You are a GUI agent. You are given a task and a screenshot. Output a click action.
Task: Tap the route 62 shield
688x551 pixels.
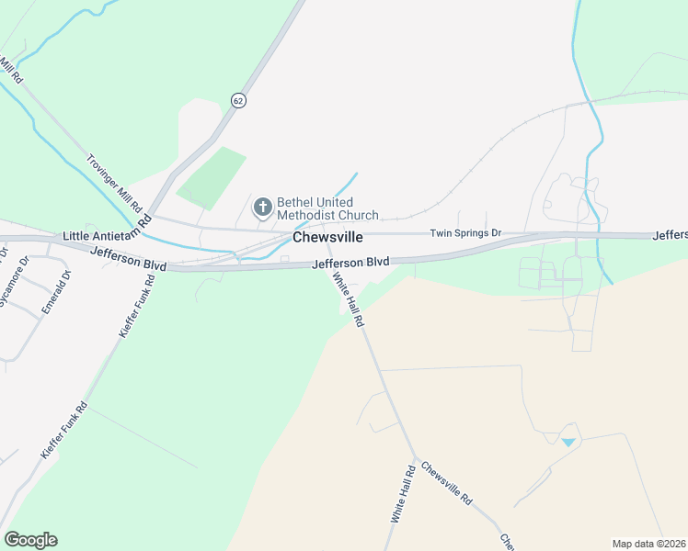pyautogui.click(x=239, y=100)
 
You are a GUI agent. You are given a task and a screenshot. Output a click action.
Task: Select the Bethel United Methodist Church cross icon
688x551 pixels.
pyautogui.click(x=262, y=208)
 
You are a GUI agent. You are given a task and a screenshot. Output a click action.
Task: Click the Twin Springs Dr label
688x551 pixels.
pyautogui.click(x=465, y=233)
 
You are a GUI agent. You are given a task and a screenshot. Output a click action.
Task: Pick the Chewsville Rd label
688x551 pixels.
pyautogui.click(x=447, y=484)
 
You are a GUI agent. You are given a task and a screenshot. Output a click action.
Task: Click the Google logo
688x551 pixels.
pyautogui.click(x=30, y=540)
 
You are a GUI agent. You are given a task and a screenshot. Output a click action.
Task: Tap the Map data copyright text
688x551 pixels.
pyautogui.click(x=648, y=544)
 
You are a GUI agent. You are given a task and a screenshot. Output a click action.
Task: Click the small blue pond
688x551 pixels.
pyautogui.click(x=568, y=442)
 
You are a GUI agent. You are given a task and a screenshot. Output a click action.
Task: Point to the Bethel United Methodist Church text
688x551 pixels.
pyautogui.click(x=327, y=208)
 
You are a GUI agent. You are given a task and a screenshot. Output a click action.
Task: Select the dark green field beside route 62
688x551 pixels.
pyautogui.click(x=212, y=176)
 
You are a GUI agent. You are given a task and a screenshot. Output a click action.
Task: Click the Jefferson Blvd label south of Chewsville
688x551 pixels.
pyautogui.click(x=350, y=264)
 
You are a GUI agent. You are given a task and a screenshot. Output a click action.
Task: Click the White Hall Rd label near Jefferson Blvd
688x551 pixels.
pyautogui.click(x=349, y=301)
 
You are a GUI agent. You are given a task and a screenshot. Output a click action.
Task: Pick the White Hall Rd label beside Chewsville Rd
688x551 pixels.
pyautogui.click(x=403, y=494)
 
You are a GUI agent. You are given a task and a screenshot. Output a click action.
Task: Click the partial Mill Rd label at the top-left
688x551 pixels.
pyautogui.click(x=9, y=67)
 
